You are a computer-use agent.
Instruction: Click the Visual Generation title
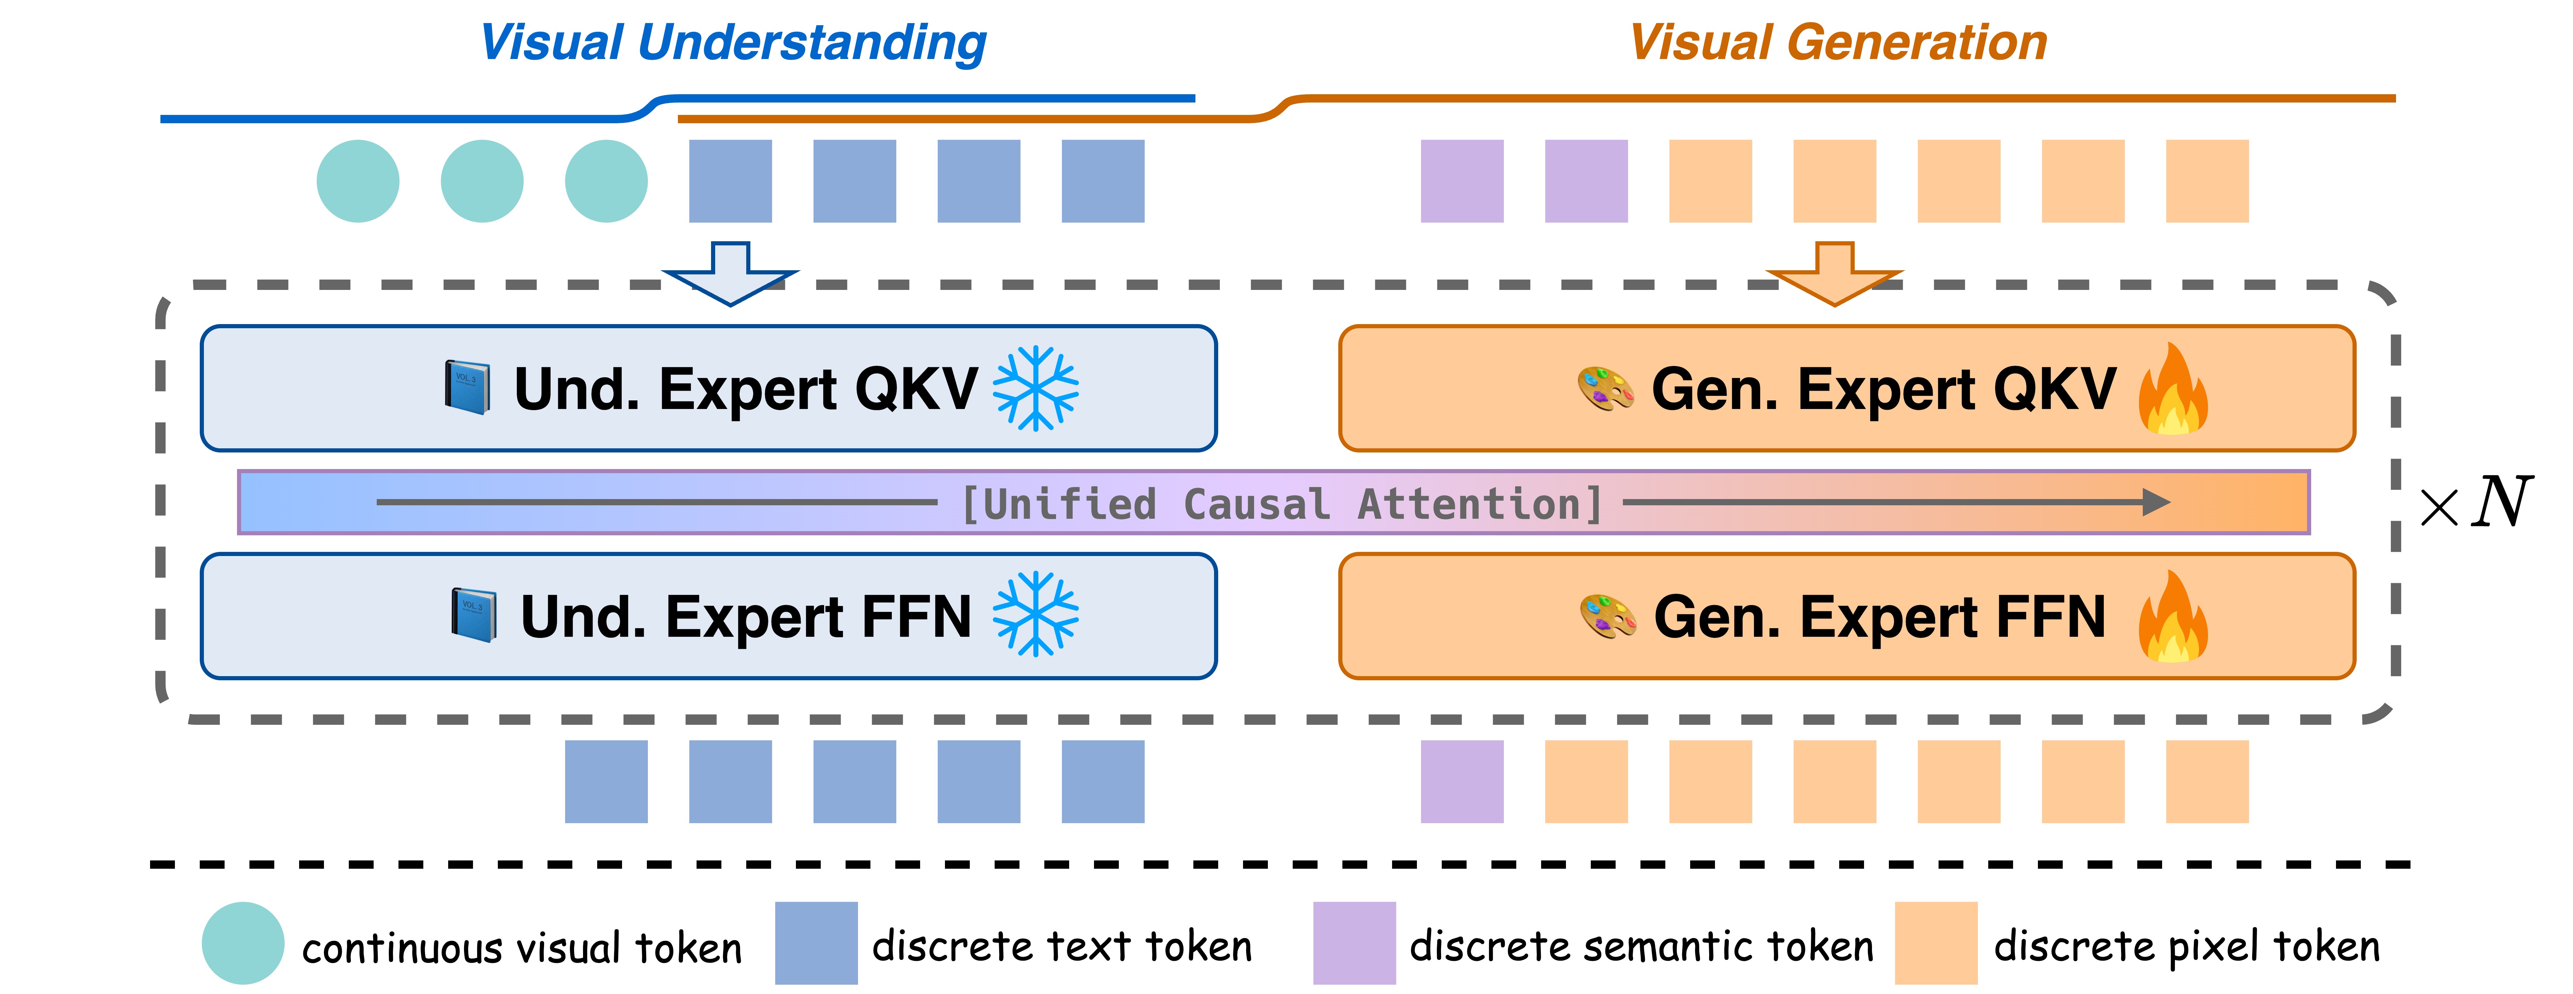coord(1838,43)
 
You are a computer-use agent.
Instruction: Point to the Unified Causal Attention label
coord(1282,504)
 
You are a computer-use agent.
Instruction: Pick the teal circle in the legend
coord(243,943)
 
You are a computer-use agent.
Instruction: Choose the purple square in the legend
coord(1353,943)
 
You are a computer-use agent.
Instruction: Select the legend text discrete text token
coord(1062,946)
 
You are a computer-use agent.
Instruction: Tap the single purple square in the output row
coord(1461,781)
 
